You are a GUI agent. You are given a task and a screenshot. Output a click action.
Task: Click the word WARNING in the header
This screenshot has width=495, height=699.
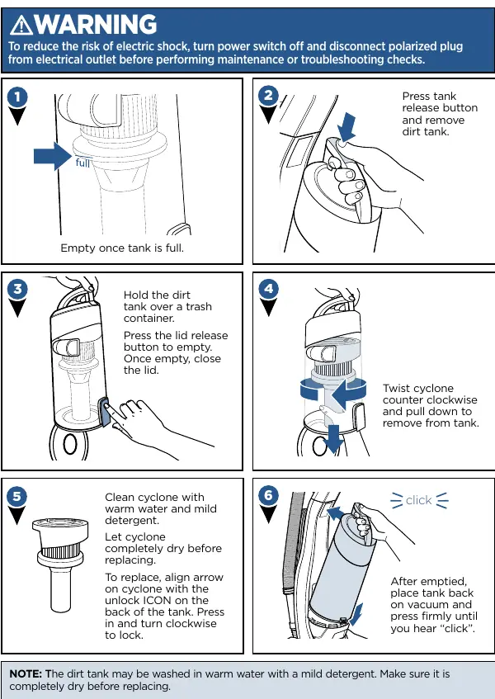coord(96,24)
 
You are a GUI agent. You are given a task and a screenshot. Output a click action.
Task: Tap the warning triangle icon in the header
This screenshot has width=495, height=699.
coord(21,25)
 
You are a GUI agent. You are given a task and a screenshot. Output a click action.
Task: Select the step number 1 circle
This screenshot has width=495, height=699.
coord(17,97)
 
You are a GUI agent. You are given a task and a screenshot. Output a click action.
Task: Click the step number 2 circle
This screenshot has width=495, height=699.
coord(268,96)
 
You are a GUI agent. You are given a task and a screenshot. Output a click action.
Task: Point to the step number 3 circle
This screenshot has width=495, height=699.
coord(17,290)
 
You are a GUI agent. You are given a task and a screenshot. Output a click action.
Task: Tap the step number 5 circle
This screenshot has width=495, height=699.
coord(17,496)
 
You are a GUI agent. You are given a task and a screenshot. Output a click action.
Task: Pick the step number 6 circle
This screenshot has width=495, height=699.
coord(268,495)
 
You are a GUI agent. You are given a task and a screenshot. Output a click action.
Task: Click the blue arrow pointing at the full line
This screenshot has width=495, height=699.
coord(52,156)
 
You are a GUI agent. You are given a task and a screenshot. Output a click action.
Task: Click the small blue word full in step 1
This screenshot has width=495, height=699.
coord(82,163)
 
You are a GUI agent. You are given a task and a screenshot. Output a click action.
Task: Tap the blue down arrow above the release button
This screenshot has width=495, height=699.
coord(346,126)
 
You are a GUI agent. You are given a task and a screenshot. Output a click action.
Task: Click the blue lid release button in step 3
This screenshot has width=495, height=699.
coord(104,412)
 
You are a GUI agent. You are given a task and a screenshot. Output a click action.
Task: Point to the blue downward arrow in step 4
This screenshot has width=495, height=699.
coord(332,438)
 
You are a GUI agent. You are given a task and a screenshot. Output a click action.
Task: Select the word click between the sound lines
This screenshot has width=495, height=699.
coord(419,500)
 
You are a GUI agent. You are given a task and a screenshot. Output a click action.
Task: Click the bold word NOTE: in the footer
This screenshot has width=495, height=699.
coord(26,673)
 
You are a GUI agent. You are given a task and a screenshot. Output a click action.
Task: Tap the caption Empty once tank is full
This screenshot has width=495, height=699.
coord(122,248)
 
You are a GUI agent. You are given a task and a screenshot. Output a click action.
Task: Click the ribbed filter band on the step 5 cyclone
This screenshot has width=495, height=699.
coord(59,552)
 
